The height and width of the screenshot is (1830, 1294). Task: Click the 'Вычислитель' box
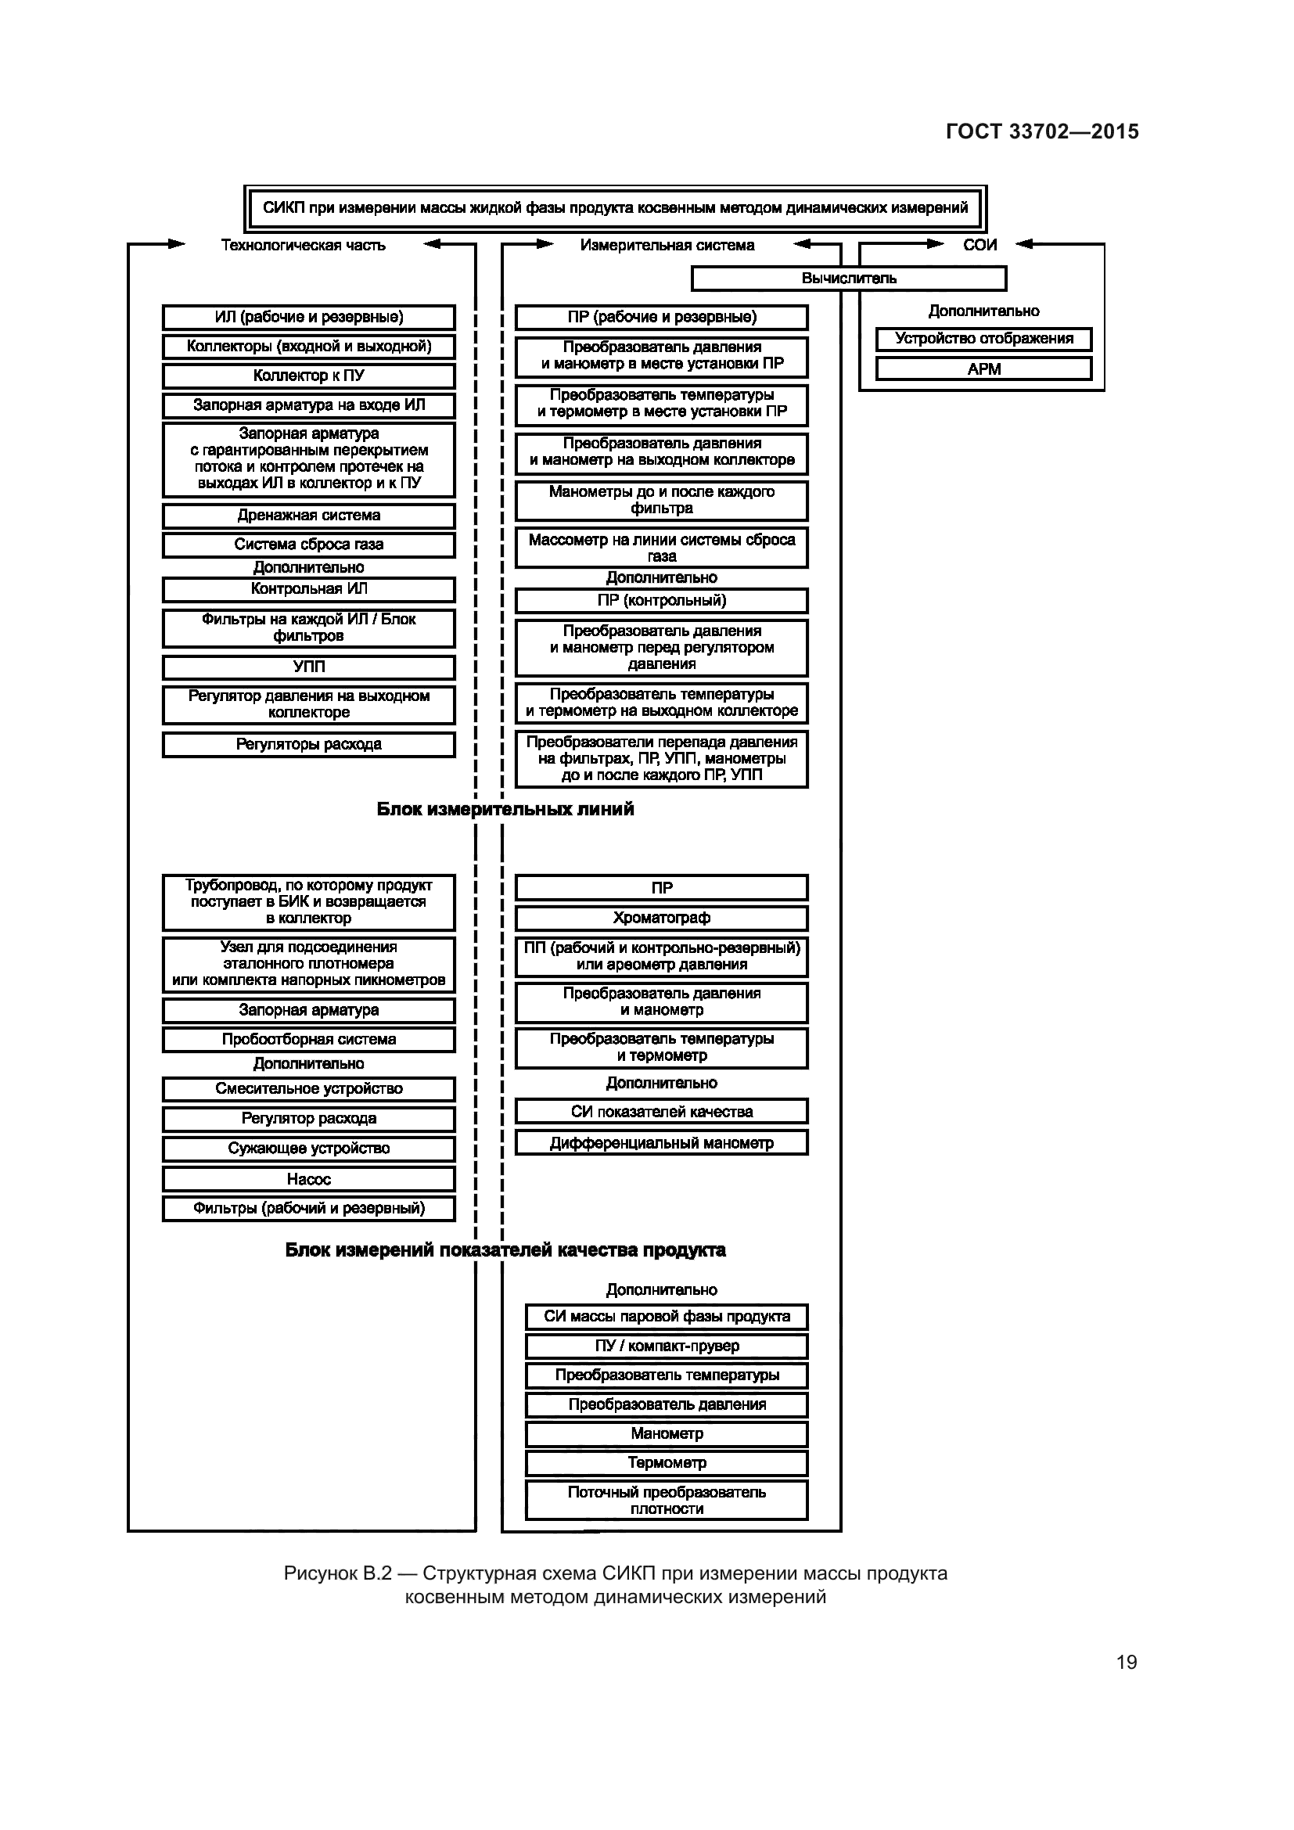[x=849, y=279]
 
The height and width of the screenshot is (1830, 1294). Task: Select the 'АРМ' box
[x=983, y=369]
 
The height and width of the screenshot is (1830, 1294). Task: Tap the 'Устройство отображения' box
[x=983, y=339]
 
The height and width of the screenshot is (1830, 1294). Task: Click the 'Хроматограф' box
[x=661, y=919]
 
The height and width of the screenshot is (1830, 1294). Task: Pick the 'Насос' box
[x=308, y=1179]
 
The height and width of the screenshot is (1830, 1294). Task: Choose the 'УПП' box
[x=308, y=667]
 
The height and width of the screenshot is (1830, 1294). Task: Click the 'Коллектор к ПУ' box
[x=308, y=376]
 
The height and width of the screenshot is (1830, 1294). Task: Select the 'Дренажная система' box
[x=308, y=516]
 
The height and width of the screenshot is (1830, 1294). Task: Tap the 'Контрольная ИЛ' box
[x=308, y=589]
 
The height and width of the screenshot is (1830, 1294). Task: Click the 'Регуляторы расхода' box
[x=308, y=744]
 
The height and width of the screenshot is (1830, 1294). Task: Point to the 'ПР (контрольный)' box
[x=661, y=600]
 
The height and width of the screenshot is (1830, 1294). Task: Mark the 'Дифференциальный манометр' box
[x=661, y=1143]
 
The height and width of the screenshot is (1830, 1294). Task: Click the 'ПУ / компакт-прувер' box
[x=666, y=1346]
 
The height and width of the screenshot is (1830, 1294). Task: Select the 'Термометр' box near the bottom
[x=666, y=1462]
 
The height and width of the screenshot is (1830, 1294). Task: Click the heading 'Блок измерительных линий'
[x=505, y=809]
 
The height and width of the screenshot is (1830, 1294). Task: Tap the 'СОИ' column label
[x=979, y=245]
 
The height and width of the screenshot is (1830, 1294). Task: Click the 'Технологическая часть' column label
[x=303, y=245]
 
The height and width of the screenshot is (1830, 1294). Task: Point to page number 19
[x=1126, y=1662]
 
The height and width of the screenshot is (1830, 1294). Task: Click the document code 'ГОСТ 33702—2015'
[x=1042, y=131]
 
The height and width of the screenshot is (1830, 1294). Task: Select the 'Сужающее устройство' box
[x=308, y=1149]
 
